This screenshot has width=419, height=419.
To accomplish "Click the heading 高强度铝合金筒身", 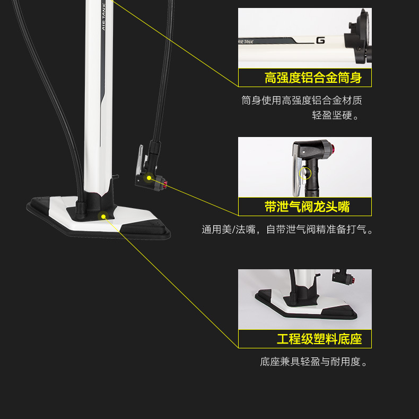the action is point(313,78).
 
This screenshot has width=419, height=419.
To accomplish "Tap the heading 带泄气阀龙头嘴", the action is point(307,207).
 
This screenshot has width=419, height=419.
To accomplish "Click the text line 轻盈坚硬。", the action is point(336,115).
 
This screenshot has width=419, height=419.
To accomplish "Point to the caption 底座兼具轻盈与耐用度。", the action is point(314,362).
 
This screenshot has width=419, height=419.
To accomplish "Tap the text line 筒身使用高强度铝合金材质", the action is point(302,100).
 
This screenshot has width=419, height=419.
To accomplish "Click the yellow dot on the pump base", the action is point(103,216).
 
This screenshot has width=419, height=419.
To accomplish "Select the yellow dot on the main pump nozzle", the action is point(150,178).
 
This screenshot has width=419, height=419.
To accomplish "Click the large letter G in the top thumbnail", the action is point(320,39).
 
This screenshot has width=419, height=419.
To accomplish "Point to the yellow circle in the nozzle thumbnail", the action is point(304,173).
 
